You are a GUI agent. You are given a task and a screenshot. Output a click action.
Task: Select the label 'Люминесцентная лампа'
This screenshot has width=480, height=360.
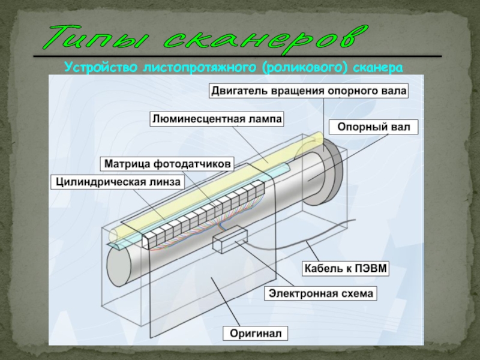(217, 119)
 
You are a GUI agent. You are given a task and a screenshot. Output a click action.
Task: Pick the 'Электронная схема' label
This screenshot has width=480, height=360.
(322, 294)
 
